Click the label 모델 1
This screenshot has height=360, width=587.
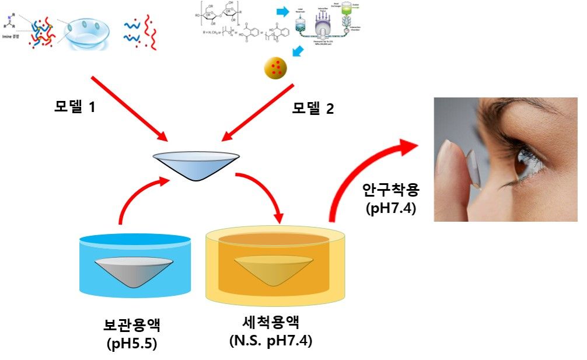click(74, 107)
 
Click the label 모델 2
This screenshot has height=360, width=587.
click(313, 108)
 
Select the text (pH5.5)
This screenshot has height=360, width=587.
click(133, 344)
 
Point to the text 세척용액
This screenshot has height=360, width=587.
click(270, 322)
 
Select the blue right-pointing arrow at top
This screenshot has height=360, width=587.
click(283, 11)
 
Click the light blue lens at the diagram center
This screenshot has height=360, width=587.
click(195, 164)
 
